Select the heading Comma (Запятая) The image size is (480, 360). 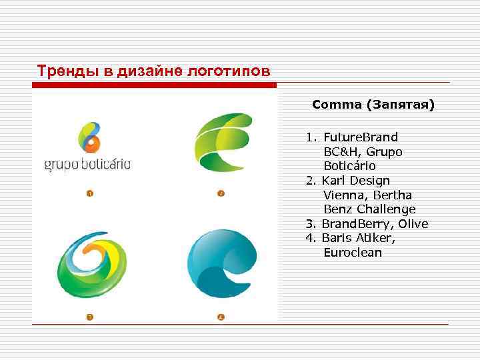coord(373,105)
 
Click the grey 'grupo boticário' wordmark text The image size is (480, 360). coord(87,164)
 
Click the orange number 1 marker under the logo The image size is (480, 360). coord(89,194)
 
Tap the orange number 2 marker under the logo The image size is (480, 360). coord(221,194)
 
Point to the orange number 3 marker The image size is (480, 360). coord(89,317)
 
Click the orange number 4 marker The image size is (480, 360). coord(221,317)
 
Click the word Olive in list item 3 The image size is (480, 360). coord(413,224)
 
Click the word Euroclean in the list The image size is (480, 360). coord(353,253)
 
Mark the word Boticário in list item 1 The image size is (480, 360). coord(350,166)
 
